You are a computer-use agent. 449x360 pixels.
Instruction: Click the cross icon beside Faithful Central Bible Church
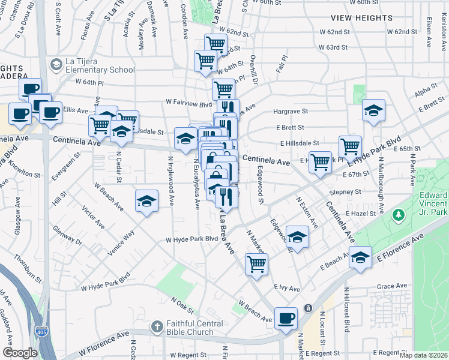pos(157,327)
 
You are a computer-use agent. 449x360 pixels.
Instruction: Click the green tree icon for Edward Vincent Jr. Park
pos(397,214)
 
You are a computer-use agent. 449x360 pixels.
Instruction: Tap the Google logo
pos(20,353)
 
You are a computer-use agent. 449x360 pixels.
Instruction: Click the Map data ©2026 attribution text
pos(423,355)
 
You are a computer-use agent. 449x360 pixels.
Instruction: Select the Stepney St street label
pos(346,192)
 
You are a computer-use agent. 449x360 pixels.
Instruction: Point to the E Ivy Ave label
pos(287,289)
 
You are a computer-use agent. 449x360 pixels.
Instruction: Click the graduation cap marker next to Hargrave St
pos(373,110)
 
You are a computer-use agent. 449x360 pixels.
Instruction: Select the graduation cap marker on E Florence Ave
pos(360,258)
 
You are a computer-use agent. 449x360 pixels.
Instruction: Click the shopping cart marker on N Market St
pos(256,263)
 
